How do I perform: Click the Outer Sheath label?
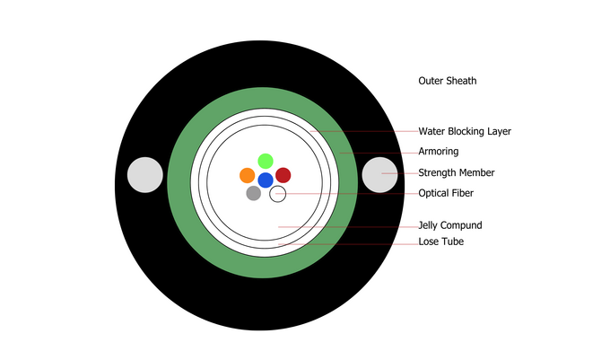click(447, 81)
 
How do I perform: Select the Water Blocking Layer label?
click(465, 131)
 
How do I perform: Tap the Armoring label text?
click(439, 152)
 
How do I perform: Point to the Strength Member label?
click(457, 172)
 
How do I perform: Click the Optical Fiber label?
click(446, 193)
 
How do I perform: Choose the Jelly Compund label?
click(451, 225)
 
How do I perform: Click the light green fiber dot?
click(266, 161)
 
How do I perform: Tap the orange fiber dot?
click(248, 175)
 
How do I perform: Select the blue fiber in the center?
click(266, 180)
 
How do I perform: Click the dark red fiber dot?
click(283, 175)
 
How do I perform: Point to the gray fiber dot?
click(254, 193)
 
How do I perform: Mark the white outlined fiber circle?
click(278, 193)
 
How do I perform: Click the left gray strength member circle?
click(145, 174)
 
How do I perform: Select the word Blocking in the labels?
click(471, 131)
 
